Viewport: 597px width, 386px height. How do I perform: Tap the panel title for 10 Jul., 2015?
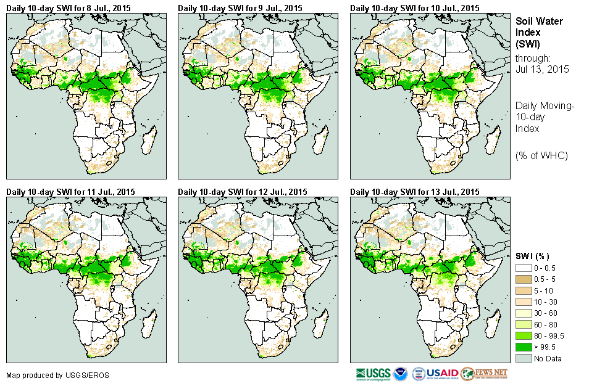click(415, 8)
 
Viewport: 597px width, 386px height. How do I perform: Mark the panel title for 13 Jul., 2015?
click(415, 192)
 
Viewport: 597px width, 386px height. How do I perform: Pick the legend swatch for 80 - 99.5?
click(524, 335)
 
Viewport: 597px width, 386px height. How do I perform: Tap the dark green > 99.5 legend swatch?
click(524, 347)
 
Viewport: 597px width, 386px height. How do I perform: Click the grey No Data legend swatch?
click(524, 358)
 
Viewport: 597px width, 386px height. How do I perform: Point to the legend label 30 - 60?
click(545, 313)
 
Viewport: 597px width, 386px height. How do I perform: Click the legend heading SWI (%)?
click(533, 256)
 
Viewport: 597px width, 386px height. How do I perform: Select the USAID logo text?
click(442, 374)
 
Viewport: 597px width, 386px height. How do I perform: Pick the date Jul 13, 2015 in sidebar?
click(542, 69)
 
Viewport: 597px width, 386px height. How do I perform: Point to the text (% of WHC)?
click(541, 155)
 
